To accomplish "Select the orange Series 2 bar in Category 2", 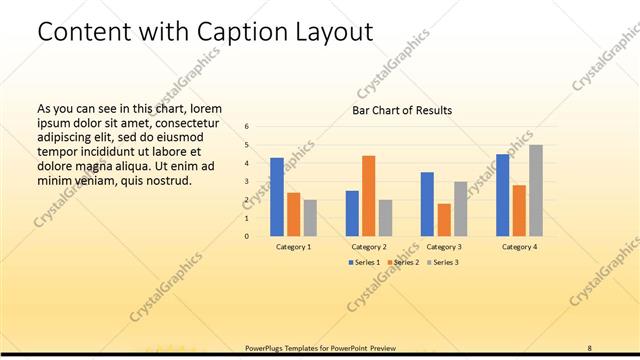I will pyautogui.click(x=369, y=196).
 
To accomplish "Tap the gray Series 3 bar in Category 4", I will pyautogui.click(x=536, y=191).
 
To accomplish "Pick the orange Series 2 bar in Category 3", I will pyautogui.click(x=444, y=220).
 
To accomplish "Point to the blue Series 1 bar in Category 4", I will pyautogui.click(x=503, y=195).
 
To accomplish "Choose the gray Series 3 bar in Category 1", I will pyautogui.click(x=310, y=218).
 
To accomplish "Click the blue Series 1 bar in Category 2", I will pyautogui.click(x=352, y=213).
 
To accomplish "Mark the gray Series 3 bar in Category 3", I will pyautogui.click(x=460, y=209).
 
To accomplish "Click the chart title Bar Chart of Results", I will pyautogui.click(x=402, y=110).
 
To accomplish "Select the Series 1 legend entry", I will pyautogui.click(x=362, y=262).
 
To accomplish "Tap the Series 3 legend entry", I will pyautogui.click(x=442, y=262).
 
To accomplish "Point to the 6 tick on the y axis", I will pyautogui.click(x=247, y=126).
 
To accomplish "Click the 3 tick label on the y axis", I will pyautogui.click(x=247, y=181).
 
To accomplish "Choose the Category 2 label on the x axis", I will pyautogui.click(x=369, y=246).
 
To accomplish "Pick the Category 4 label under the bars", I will pyautogui.click(x=519, y=246).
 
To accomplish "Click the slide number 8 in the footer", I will pyautogui.click(x=590, y=347).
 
